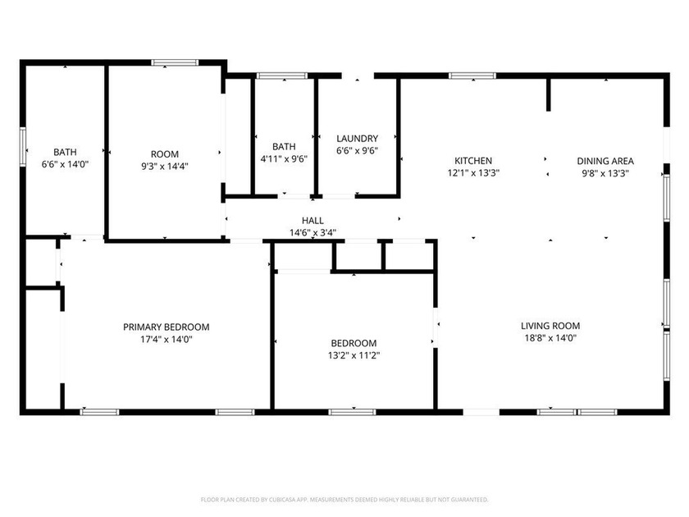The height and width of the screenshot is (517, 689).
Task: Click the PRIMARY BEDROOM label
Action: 166,326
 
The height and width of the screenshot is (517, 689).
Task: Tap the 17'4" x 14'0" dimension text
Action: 166,338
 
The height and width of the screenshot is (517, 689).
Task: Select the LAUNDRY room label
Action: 357,139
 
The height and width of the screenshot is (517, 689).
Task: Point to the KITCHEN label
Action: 473,161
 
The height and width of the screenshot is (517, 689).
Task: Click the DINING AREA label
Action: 605,161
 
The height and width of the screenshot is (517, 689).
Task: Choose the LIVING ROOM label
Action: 550,326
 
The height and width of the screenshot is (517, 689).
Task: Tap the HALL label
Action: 313,221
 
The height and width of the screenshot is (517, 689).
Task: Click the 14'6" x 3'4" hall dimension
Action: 313,232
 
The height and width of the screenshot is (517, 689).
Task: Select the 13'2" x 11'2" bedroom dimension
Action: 354,355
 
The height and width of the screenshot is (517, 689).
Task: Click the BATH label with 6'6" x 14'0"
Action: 65,152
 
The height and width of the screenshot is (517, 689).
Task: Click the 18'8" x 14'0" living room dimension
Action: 550,337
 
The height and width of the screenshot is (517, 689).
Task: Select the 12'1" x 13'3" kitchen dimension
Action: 473,173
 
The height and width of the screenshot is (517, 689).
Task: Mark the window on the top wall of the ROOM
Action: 175,62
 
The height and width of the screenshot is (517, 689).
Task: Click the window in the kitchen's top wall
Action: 472,76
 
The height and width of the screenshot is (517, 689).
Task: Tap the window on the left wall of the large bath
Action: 22,148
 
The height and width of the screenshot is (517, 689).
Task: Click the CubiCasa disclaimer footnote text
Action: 344,499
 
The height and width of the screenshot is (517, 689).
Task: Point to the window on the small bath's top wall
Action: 281,76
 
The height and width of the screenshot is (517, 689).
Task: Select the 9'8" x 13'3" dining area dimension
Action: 605,173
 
